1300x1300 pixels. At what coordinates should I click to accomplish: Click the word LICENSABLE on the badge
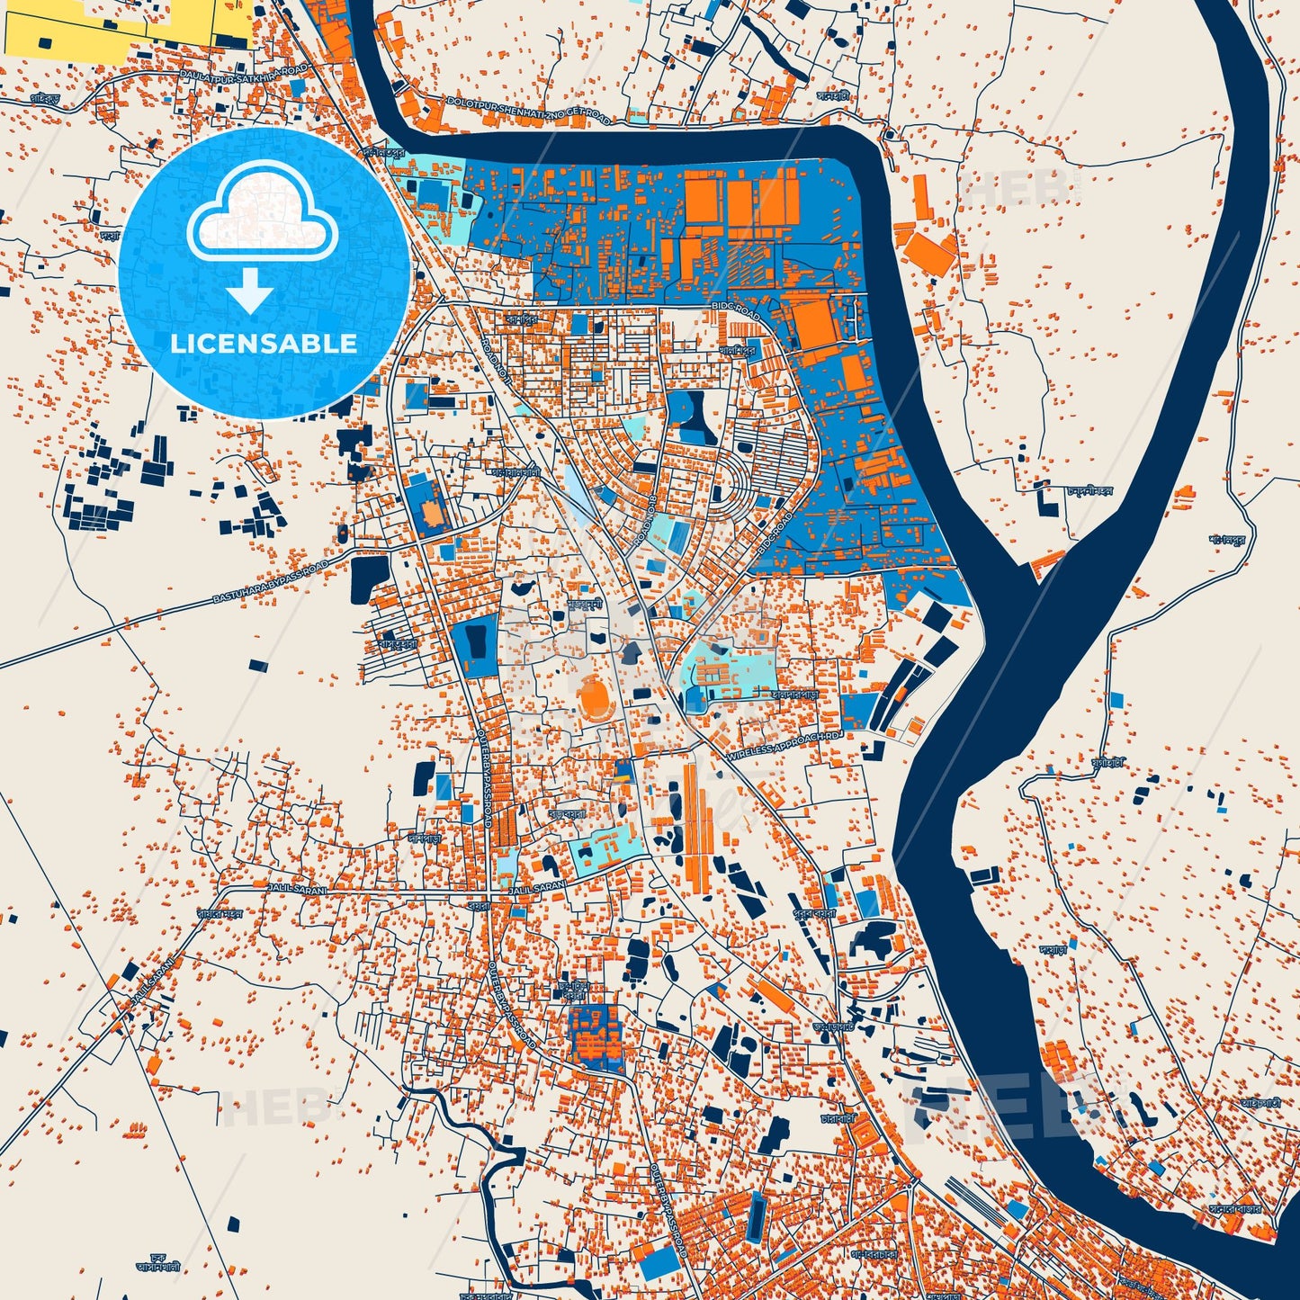[263, 344]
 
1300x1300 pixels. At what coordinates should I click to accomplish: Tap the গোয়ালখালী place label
[514, 471]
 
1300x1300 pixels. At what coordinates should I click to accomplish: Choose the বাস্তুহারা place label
[397, 643]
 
